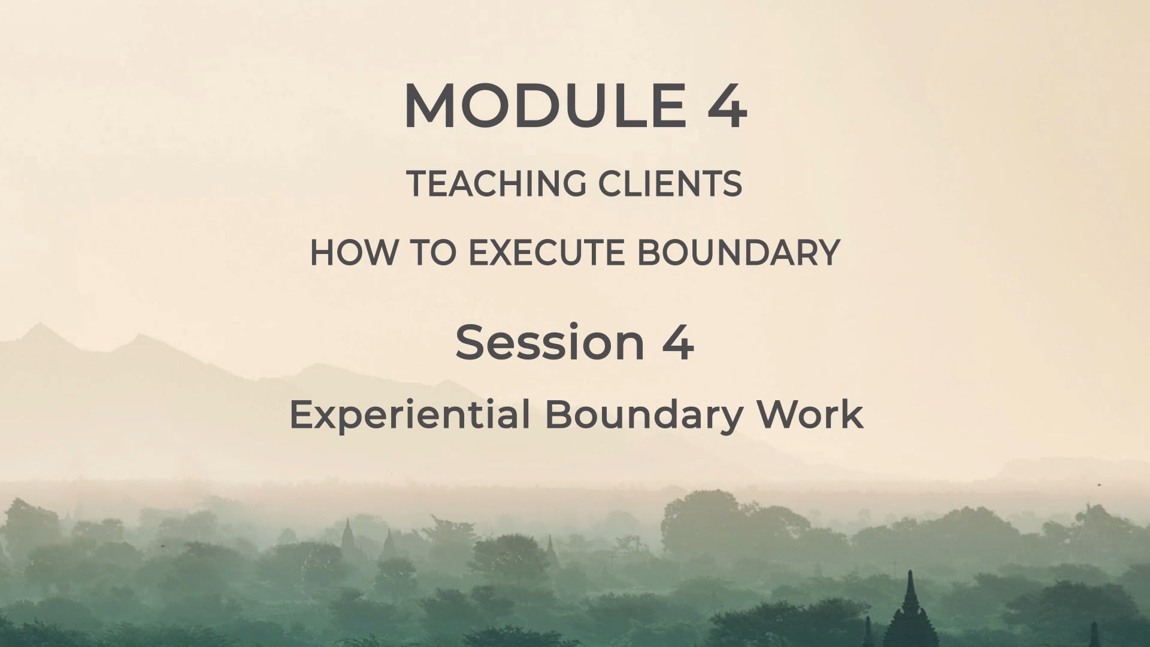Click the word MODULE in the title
point(546,106)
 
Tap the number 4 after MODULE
point(727,106)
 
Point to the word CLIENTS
point(670,183)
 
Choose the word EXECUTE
point(548,252)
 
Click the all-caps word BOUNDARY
point(738,252)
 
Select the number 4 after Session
point(678,343)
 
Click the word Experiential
point(410,414)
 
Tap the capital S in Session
point(470,343)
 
